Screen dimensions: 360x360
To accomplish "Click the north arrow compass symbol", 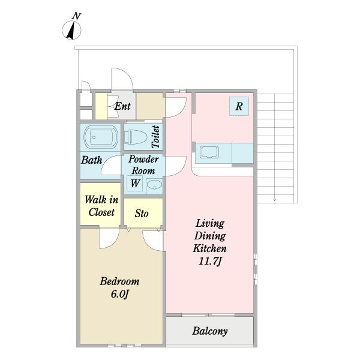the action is point(71,30).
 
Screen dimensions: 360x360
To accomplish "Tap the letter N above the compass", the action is point(76,16).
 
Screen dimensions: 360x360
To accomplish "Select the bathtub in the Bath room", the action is point(101,137).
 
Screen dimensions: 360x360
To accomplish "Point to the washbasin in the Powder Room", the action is point(154,185).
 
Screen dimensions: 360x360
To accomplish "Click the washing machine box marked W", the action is point(135,184).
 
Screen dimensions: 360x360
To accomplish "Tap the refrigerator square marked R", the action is point(239,106).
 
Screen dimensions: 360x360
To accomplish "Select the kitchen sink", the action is point(209,152).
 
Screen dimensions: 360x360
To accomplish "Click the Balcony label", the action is point(210,331).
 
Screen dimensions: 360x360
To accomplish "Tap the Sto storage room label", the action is point(142,213).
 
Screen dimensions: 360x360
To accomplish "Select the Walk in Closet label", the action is point(101,206).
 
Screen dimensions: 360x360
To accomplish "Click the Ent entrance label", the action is point(122,106).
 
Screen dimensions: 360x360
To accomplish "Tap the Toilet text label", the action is point(155,137).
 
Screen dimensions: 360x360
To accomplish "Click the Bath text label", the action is point(92,160).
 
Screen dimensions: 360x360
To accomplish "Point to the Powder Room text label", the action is point(143,165).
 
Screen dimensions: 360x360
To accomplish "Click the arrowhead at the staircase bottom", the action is point(275,200).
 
